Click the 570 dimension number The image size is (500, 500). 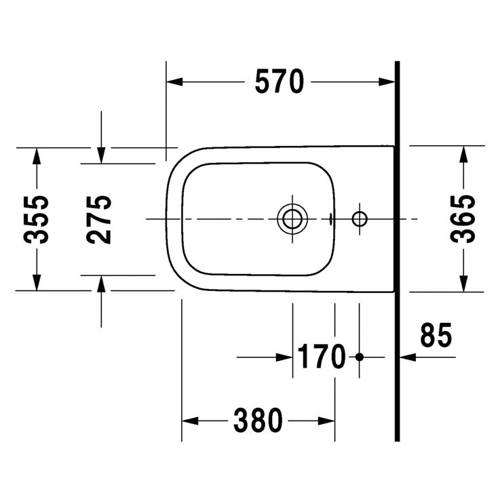[x=278, y=82]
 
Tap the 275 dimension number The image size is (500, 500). [x=100, y=218]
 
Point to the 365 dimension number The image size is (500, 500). [x=464, y=218]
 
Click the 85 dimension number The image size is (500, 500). [x=436, y=336]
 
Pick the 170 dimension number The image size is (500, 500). [x=320, y=357]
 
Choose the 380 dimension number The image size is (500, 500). [x=258, y=421]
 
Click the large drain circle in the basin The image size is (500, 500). [x=292, y=218]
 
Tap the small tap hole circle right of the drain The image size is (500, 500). [x=360, y=218]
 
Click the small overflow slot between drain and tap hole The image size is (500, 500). [x=330, y=218]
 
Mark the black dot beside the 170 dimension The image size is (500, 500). [x=360, y=357]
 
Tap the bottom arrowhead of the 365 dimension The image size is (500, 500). [x=464, y=282]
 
